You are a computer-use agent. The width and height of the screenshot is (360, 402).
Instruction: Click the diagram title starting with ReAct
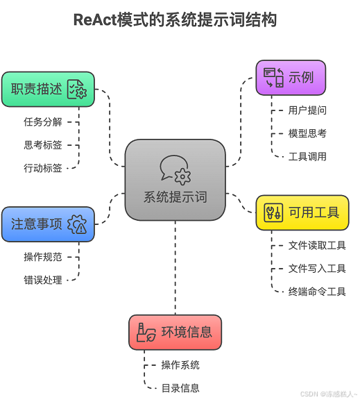(175, 20)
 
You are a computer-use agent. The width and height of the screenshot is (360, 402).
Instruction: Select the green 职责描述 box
(48, 90)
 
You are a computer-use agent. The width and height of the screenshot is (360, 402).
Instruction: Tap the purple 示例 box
(291, 77)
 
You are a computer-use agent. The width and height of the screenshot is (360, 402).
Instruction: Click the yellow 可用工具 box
(302, 212)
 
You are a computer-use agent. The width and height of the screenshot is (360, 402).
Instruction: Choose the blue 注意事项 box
(48, 224)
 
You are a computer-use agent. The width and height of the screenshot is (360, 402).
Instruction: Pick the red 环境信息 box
(175, 332)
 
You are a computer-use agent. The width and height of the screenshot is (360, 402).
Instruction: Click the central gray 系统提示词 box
(175, 180)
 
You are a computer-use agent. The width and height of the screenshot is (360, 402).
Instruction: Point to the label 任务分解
(43, 122)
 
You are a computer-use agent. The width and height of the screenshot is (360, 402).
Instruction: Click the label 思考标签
(43, 145)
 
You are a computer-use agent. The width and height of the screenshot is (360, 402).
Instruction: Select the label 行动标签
(43, 168)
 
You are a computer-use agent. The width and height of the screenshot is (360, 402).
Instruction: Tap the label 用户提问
(307, 110)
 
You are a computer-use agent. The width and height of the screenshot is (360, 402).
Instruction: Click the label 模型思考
(307, 133)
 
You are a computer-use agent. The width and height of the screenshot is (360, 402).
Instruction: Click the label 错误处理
(43, 280)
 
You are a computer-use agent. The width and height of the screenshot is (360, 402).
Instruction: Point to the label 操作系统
(180, 365)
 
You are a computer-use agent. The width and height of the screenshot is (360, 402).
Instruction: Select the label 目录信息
(180, 388)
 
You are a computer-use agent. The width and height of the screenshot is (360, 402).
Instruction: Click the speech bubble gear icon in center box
(175, 169)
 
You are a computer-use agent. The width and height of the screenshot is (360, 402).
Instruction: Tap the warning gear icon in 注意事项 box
(77, 224)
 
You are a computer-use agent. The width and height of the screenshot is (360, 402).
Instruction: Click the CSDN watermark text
(329, 394)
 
